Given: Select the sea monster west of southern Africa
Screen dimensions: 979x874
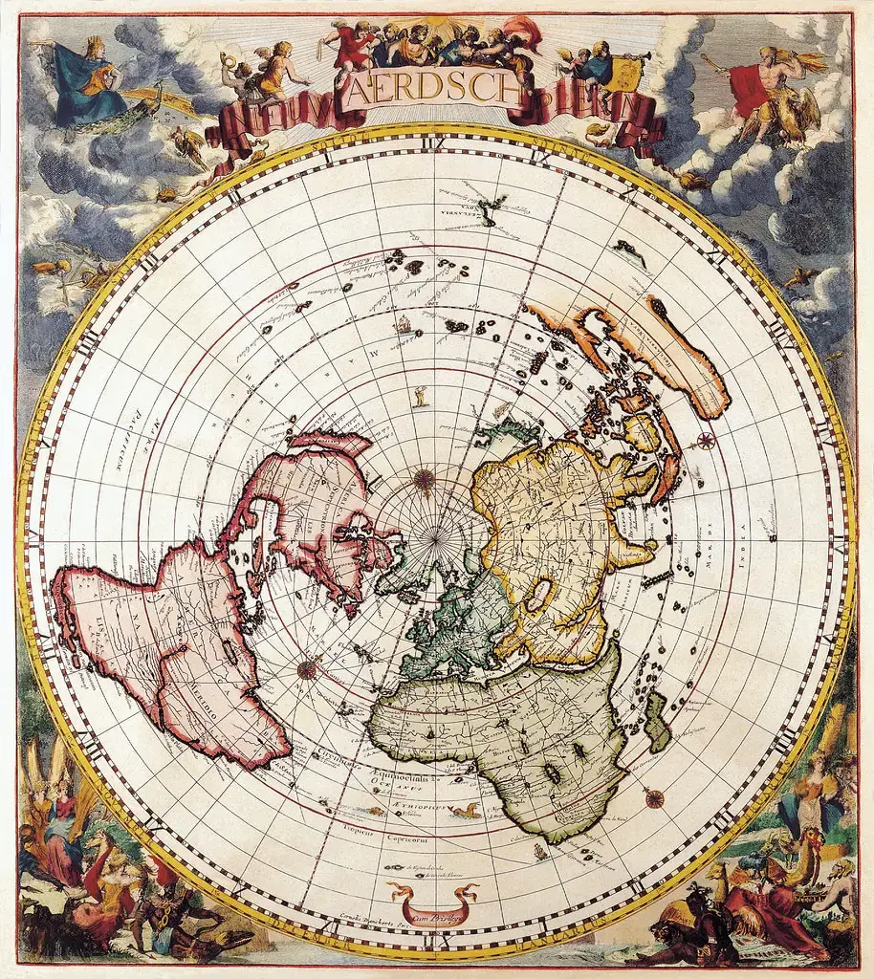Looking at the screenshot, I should pos(466,812).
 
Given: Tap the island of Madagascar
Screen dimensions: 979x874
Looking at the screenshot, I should pos(657,723).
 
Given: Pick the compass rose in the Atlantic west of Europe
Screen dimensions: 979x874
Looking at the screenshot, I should pos(308,669).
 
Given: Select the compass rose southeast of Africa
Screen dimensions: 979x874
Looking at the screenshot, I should pos(654,796).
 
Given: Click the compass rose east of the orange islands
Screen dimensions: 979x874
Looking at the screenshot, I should pos(706,440).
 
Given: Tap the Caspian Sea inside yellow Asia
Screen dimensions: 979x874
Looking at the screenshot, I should pos(538,596).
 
